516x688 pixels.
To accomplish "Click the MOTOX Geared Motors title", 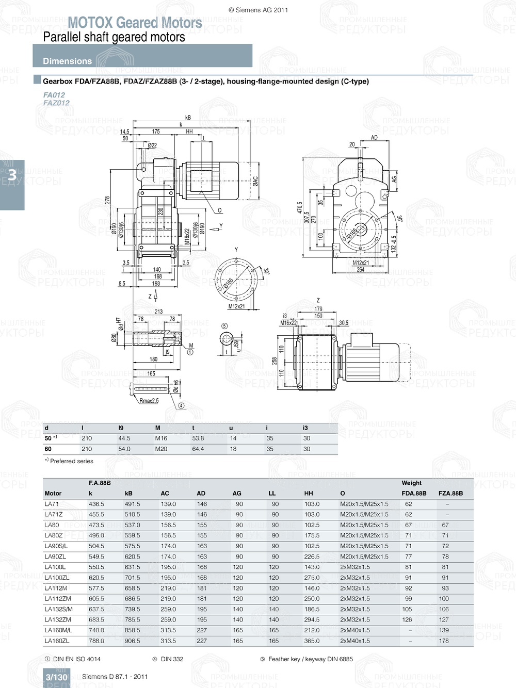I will click(135, 23).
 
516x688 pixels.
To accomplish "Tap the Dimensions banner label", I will click(67, 61).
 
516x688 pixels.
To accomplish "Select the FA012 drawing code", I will click(54, 95).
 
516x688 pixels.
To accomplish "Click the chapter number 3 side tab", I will click(12, 175).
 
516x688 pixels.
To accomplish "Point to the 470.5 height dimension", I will click(300, 208).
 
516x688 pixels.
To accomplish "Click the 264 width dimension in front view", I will click(360, 270).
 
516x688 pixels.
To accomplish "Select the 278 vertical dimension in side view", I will click(107, 200).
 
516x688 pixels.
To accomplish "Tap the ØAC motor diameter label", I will click(255, 181).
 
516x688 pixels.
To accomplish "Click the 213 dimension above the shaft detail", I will click(158, 312).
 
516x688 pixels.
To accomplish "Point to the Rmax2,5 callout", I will click(149, 401).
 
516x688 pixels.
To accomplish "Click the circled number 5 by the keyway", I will click(224, 326).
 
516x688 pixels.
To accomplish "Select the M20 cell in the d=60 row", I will click(161, 449).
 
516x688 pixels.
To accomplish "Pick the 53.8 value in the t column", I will click(198, 438).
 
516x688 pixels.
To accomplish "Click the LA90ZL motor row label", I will click(55, 557).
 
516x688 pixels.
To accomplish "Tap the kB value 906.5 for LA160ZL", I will click(132, 641).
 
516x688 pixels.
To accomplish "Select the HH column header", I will click(309, 494).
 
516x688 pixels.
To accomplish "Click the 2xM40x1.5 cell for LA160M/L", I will click(355, 630).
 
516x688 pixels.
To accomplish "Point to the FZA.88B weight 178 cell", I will click(444, 641).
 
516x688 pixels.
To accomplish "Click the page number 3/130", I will click(56, 677).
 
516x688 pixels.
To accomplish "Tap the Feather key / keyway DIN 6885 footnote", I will click(310, 659).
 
